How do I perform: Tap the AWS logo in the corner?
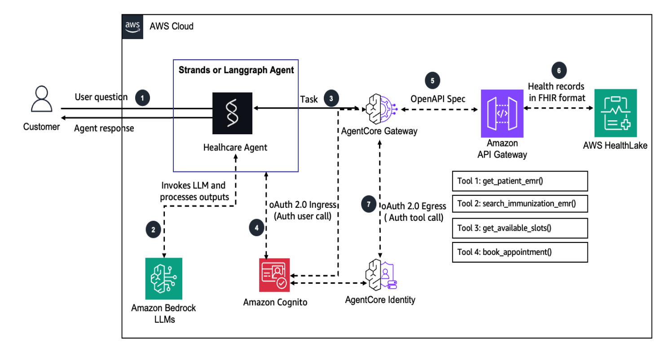132,26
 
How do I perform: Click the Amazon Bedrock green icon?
163,278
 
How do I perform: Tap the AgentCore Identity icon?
379,275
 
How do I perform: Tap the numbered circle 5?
432,81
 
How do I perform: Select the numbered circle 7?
369,204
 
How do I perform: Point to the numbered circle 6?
559,70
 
